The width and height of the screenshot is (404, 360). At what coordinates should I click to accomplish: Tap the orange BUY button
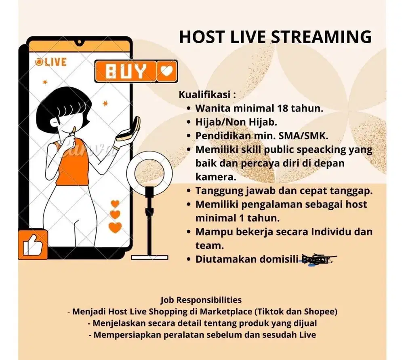[x=126, y=72]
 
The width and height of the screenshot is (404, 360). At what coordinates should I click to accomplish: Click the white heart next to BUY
[x=167, y=72]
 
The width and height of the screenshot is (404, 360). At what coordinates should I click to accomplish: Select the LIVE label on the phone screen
[x=51, y=62]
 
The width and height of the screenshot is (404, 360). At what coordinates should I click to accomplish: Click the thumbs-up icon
[x=33, y=244]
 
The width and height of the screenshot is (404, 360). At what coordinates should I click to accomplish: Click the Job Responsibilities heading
[x=201, y=300]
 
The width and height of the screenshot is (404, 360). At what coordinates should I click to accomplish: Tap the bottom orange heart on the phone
[x=115, y=227]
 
